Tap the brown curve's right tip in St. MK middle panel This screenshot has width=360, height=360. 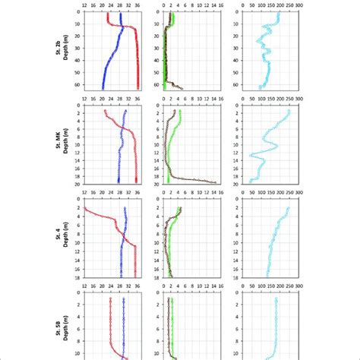tap(216, 182)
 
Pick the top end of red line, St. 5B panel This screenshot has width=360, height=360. tap(110, 298)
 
